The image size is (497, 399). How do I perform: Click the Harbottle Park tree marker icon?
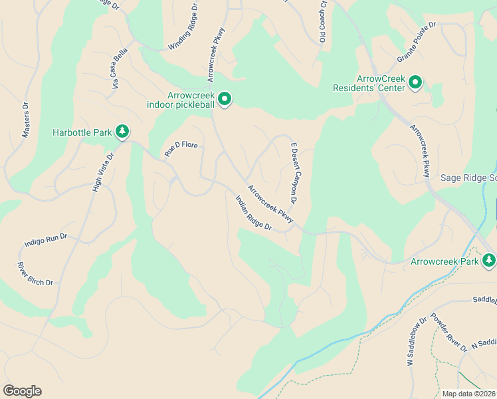[122, 132]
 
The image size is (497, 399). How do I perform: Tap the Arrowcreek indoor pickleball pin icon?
[225, 100]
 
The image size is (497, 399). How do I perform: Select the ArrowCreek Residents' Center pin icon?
[415, 82]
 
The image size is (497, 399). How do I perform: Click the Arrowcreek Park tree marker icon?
[489, 260]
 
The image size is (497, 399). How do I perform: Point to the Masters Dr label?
[26, 120]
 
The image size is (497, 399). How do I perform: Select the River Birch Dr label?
[35, 274]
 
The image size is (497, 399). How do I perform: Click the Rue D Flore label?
[182, 149]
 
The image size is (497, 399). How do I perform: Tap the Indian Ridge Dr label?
[254, 213]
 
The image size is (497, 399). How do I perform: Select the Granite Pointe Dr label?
[416, 41]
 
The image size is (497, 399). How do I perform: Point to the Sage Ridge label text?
[468, 178]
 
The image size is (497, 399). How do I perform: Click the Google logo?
[22, 391]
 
